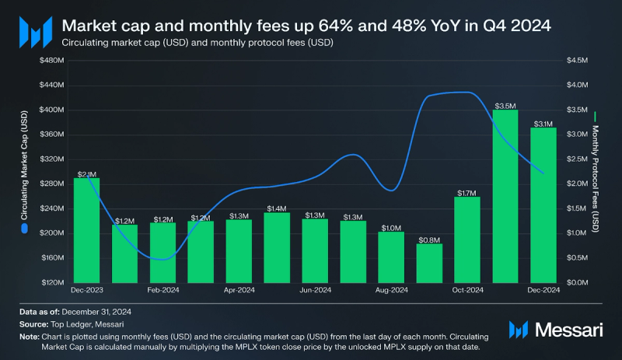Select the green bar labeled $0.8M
(x=429, y=263)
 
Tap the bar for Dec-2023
(x=86, y=230)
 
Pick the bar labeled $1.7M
(x=467, y=239)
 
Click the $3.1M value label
(x=543, y=123)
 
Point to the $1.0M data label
(x=391, y=227)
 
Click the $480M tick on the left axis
(x=52, y=61)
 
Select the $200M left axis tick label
(x=52, y=233)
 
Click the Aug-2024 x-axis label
(x=391, y=292)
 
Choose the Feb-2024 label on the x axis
(x=162, y=292)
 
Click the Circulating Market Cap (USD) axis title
(x=24, y=171)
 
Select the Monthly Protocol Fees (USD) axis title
(x=596, y=171)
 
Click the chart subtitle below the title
(x=197, y=43)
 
